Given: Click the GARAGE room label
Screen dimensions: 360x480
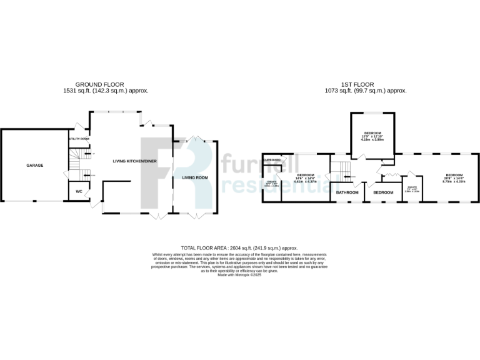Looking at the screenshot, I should (x=34, y=165).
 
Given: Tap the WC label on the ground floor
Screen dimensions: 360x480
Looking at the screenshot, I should (x=79, y=191).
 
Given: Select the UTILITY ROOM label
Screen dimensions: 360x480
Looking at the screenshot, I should (x=79, y=139).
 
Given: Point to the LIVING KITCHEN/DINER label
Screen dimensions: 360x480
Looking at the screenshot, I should (x=134, y=161).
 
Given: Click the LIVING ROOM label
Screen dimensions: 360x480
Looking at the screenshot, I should (x=194, y=177).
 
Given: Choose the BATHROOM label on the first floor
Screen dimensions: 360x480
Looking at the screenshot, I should (x=347, y=192).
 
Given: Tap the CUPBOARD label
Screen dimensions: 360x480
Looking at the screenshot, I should (x=272, y=159).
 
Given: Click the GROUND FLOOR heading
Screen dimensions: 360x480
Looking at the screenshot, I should (x=99, y=84).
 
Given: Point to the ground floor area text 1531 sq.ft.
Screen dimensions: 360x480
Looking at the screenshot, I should (x=106, y=91).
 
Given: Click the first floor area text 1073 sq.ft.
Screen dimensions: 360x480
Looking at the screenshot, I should (x=374, y=91).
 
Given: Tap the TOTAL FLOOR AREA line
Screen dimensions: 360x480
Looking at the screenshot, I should (x=239, y=247).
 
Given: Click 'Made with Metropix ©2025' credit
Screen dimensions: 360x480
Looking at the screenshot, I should (x=239, y=275).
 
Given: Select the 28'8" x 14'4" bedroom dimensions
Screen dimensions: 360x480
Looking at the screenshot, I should (x=454, y=179).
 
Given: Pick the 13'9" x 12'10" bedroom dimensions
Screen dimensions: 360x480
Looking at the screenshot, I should (x=372, y=139).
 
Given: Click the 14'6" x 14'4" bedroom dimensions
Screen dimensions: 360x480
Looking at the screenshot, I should (x=305, y=179).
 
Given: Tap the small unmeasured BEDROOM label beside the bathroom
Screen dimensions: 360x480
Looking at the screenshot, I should (x=383, y=192).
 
